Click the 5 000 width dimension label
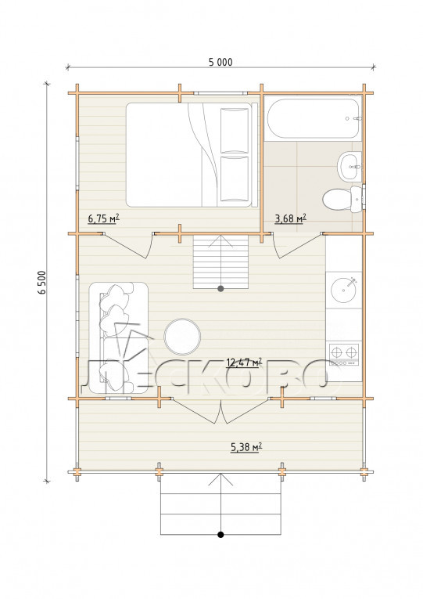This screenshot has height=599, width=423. click(220, 62)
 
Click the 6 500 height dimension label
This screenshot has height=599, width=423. click(42, 283)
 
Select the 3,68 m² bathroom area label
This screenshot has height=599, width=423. click(290, 218)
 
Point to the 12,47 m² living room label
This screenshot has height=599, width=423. click(244, 362)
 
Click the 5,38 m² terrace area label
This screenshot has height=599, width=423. click(246, 446)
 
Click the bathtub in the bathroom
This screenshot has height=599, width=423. click(313, 119)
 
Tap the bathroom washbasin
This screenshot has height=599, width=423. click(350, 167)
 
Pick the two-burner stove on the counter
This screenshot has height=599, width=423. click(344, 355)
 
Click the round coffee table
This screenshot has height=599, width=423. click(182, 336)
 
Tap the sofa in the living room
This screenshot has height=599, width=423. click(118, 337)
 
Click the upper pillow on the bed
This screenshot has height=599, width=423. click(235, 130)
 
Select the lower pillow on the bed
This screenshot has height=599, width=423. click(235, 179)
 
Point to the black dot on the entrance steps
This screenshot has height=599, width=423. click(220, 535)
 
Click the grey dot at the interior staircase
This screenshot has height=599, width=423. click(220, 288)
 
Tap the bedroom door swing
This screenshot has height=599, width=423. click(128, 246)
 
